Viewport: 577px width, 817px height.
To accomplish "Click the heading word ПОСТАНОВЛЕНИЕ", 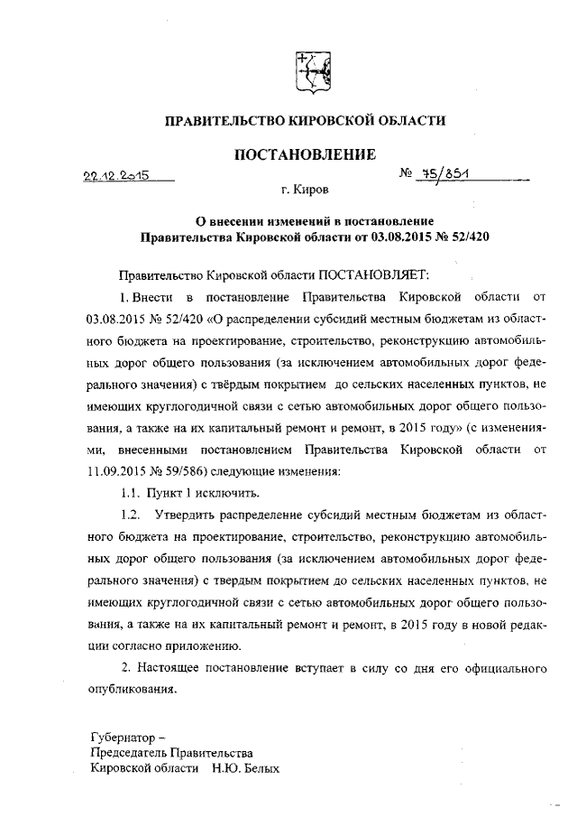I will (305, 154).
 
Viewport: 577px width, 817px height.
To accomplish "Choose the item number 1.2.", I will (133, 515).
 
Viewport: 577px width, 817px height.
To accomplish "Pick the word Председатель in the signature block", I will (132, 753).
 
